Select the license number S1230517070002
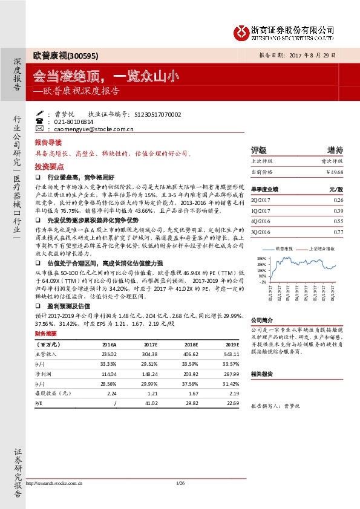155,114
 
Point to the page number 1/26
180,482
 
